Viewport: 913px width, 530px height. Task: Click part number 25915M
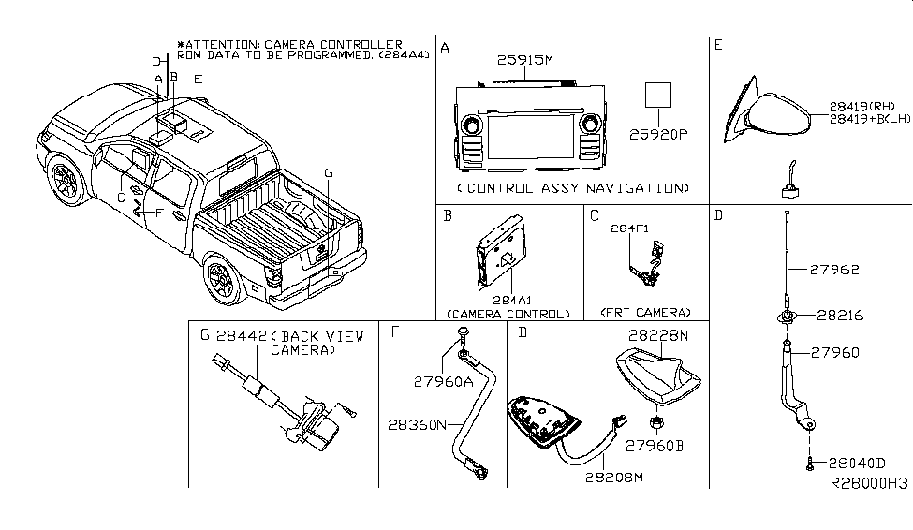[524, 59]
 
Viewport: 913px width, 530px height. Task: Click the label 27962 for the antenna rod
[834, 270]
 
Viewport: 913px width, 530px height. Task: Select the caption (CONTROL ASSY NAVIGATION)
[573, 188]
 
